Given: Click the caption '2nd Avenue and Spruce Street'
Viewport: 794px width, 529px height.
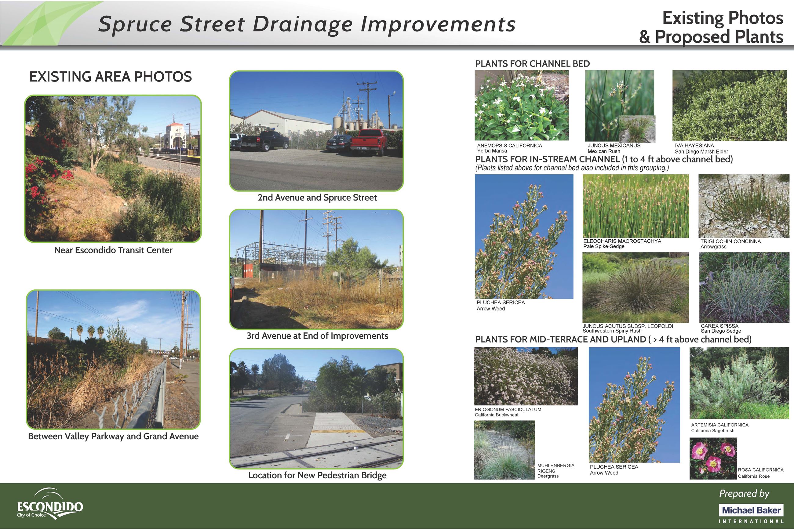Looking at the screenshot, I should (317, 198).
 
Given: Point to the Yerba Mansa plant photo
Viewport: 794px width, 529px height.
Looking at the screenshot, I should (521, 105).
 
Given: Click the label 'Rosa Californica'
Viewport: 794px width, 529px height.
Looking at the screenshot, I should (761, 469).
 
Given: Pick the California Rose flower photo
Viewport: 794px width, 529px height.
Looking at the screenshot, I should (713, 458).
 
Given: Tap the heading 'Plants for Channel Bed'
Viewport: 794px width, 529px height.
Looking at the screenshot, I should (532, 64).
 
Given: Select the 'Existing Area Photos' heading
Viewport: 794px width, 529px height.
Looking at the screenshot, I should (110, 77).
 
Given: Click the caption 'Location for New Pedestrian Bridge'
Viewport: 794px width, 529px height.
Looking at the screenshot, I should (317, 475).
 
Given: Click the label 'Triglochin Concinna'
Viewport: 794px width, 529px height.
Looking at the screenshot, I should (730, 241).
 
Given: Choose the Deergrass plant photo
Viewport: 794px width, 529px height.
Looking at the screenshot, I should (504, 450).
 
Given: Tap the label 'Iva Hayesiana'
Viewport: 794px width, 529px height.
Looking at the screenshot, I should (694, 146).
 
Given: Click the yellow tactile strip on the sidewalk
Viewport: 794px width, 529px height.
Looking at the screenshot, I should (338, 431).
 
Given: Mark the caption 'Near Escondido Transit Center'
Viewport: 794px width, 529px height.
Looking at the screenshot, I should (113, 250).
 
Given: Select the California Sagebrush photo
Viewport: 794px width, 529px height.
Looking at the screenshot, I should (739, 383).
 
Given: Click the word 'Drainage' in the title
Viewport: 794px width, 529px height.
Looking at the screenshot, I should (302, 25).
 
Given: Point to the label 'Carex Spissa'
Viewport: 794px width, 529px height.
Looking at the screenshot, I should (719, 326).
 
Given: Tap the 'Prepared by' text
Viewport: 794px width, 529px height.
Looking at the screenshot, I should (744, 494).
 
